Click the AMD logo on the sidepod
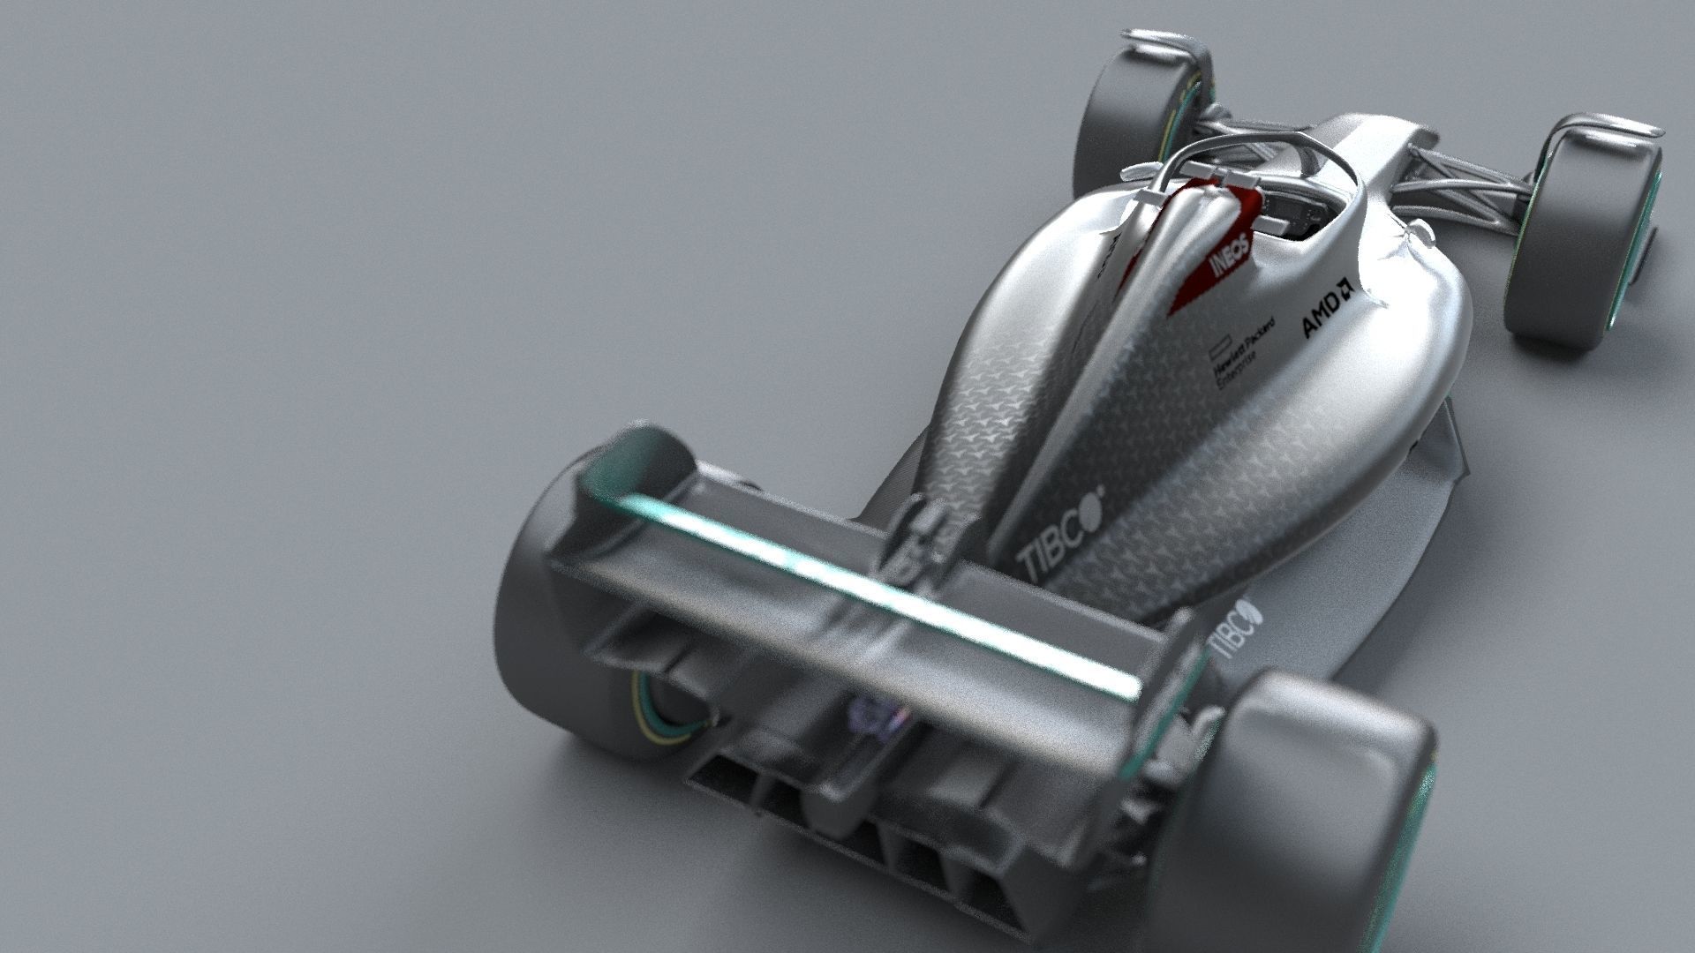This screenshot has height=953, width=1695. coord(1327,311)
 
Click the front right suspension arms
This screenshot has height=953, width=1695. coord(1465,176)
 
